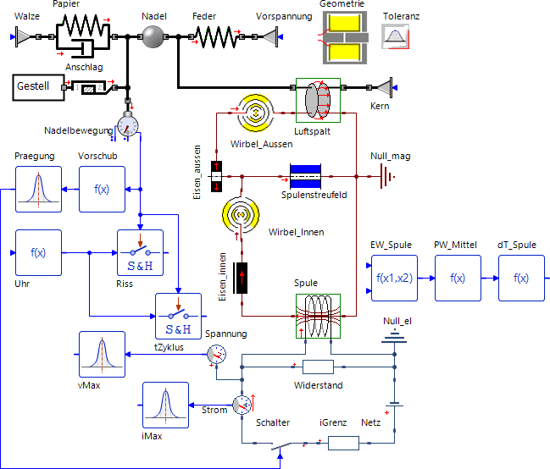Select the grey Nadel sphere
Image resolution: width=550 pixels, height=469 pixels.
(x=153, y=36)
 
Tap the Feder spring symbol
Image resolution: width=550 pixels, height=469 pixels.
(x=215, y=36)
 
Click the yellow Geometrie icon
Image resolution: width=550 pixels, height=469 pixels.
(x=343, y=37)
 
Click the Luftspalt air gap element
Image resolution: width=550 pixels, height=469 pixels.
(x=318, y=101)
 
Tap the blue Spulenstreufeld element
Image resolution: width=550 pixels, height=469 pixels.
(x=304, y=177)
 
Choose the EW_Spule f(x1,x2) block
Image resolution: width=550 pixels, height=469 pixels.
(x=393, y=277)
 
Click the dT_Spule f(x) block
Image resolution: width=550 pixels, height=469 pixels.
(x=521, y=277)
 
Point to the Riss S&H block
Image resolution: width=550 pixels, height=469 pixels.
(x=139, y=252)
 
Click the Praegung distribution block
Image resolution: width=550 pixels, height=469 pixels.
(x=38, y=189)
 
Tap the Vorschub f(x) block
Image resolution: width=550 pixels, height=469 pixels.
(x=102, y=189)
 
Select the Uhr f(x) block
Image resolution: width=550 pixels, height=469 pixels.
(x=38, y=252)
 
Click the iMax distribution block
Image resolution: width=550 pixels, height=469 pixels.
(x=165, y=406)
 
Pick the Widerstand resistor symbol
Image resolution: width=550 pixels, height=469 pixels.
(x=318, y=367)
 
